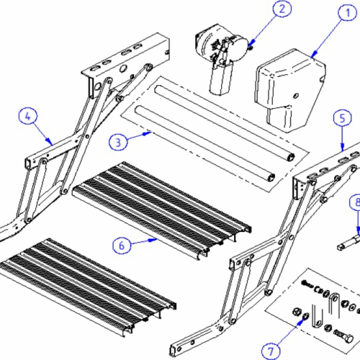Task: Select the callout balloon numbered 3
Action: [117, 141]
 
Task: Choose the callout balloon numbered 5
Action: [343, 118]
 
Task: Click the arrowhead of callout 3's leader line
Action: [152, 132]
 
